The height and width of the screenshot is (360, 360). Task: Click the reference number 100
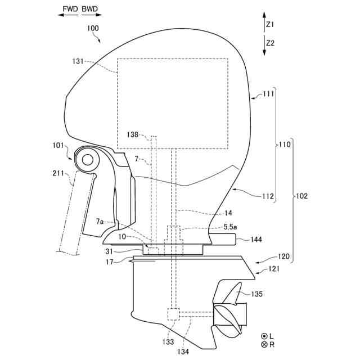pyautogui.click(x=93, y=28)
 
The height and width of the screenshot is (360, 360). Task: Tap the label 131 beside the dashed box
pyautogui.click(x=80, y=63)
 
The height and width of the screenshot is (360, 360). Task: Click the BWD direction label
pyautogui.click(x=89, y=9)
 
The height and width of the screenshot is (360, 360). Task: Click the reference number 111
pyautogui.click(x=268, y=94)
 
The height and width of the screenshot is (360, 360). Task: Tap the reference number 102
pyautogui.click(x=301, y=196)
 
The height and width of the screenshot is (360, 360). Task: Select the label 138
pyautogui.click(x=132, y=135)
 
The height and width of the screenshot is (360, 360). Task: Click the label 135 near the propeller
pyautogui.click(x=256, y=294)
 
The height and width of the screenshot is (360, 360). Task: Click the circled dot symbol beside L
pyautogui.click(x=265, y=335)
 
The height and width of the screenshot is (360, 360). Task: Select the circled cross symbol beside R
pyautogui.click(x=265, y=344)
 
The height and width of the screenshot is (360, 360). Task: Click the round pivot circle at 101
pyautogui.click(x=87, y=160)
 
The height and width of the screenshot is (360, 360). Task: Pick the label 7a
pyautogui.click(x=100, y=222)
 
